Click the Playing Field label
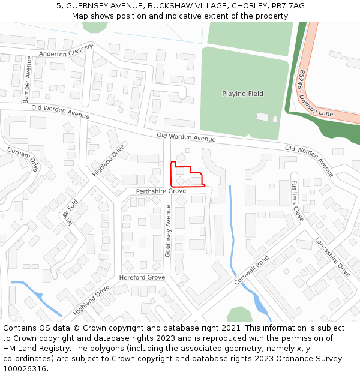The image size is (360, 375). [x=242, y=94]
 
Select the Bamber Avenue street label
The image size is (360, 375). [x=26, y=85]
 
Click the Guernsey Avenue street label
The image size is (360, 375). [x=168, y=231]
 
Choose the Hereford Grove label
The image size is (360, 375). [x=142, y=278]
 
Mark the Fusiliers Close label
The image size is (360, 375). [x=296, y=202]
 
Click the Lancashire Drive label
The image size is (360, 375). [x=332, y=258]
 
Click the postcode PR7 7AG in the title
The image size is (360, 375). [x=289, y=6]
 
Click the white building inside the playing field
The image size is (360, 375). [x=262, y=116]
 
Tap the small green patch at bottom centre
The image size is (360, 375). [x=239, y=314]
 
